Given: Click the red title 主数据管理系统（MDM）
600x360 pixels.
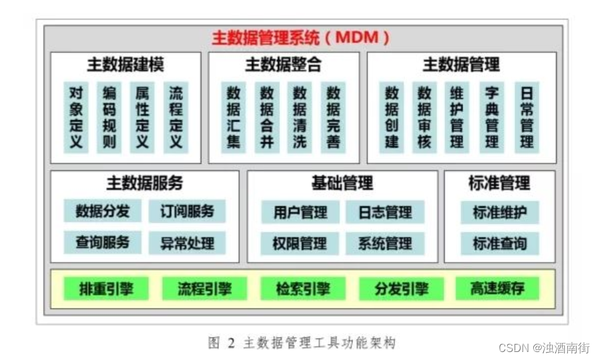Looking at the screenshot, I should pyautogui.click(x=300, y=37).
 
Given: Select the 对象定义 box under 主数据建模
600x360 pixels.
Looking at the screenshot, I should pyautogui.click(x=76, y=118).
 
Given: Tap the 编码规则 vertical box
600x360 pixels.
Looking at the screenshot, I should pyautogui.click(x=109, y=118).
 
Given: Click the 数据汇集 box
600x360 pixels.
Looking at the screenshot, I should pyautogui.click(x=234, y=118).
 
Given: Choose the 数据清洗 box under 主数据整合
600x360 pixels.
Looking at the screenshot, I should pyautogui.click(x=300, y=118).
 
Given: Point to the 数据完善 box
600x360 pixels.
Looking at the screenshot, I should pyautogui.click(x=333, y=118).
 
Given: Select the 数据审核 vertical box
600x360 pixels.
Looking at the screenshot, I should pyautogui.click(x=424, y=118).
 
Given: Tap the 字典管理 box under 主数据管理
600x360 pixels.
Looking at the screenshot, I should pyautogui.click(x=492, y=118).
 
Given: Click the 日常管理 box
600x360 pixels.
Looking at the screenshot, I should pyautogui.click(x=527, y=118).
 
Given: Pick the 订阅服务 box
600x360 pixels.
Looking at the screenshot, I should pyautogui.click(x=187, y=212).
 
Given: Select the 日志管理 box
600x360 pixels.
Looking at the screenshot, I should pyautogui.click(x=385, y=212).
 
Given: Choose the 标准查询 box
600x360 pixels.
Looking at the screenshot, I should pyautogui.click(x=499, y=243).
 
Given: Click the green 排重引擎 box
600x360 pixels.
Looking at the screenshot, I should pyautogui.click(x=105, y=289).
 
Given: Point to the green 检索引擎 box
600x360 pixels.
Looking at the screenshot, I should pyautogui.click(x=302, y=289).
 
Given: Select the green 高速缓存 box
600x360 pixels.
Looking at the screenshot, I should pyautogui.click(x=497, y=289).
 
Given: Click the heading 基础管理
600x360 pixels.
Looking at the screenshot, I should pyautogui.click(x=342, y=182).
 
